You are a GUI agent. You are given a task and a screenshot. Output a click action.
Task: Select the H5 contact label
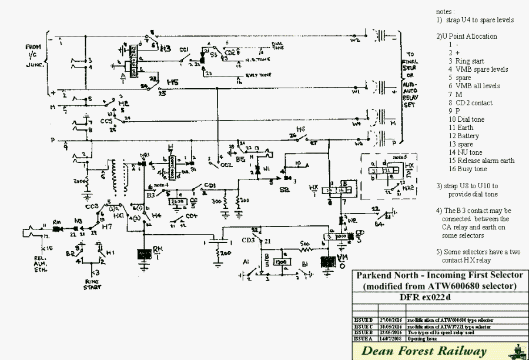pyautogui.click(x=172, y=81)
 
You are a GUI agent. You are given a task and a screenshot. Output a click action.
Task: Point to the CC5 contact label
pyautogui.click(x=106, y=121)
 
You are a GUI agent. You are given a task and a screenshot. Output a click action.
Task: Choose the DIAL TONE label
pyautogui.click(x=279, y=45)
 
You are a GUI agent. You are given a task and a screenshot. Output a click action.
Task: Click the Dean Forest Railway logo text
pyautogui.click(x=424, y=352)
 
